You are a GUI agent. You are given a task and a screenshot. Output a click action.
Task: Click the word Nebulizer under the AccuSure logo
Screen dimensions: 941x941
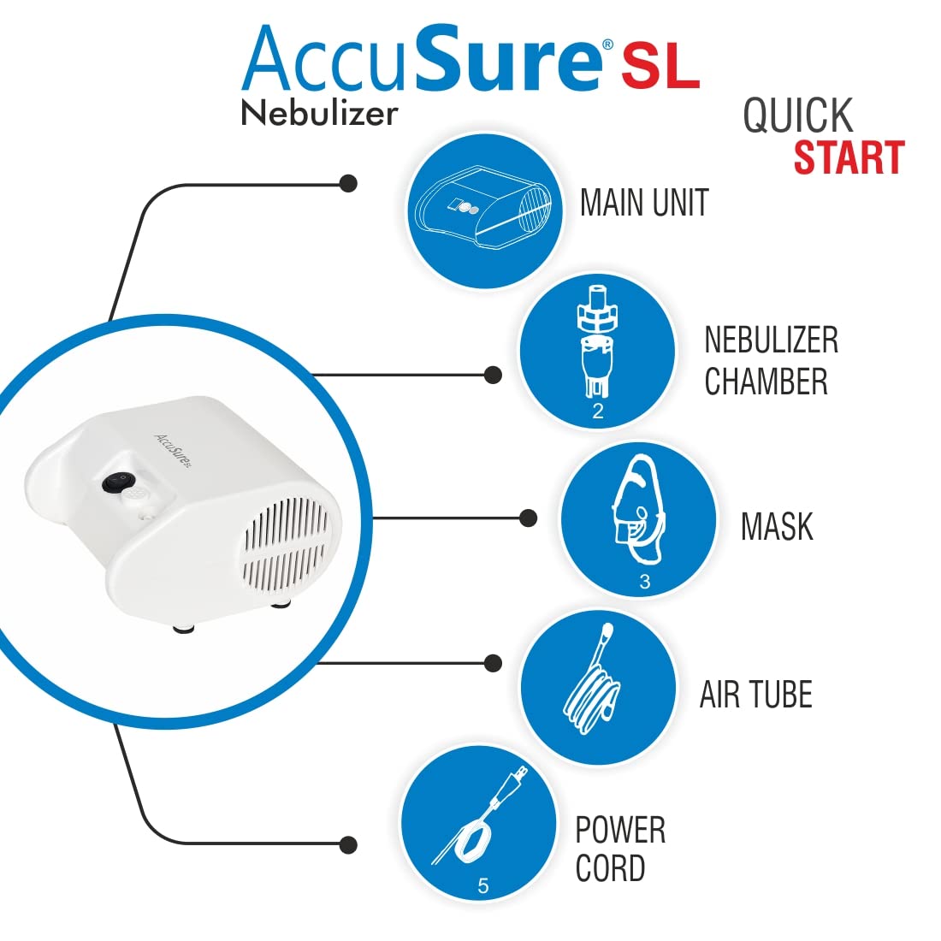click(x=319, y=113)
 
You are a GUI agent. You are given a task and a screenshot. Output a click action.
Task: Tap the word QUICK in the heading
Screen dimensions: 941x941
click(x=797, y=115)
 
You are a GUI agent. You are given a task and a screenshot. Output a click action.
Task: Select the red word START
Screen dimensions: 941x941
click(x=849, y=158)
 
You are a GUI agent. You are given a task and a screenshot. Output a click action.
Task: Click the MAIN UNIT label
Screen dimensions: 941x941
click(x=644, y=204)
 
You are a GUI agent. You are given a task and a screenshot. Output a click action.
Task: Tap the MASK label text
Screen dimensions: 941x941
click(x=776, y=527)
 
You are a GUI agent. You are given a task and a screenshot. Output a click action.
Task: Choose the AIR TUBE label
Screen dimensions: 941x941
click(x=755, y=695)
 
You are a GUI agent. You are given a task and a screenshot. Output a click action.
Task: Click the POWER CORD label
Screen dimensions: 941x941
click(x=620, y=849)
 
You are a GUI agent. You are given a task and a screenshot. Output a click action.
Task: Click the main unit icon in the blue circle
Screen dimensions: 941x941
click(x=484, y=210)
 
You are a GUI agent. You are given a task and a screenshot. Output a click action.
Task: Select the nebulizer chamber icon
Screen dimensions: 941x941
click(x=597, y=346)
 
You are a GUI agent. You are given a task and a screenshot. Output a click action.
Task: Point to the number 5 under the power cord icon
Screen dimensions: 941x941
click(x=482, y=886)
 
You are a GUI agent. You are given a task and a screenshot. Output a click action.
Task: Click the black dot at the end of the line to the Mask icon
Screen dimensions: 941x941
click(x=529, y=518)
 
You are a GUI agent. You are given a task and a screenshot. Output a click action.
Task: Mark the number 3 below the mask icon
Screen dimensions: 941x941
click(x=644, y=582)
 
